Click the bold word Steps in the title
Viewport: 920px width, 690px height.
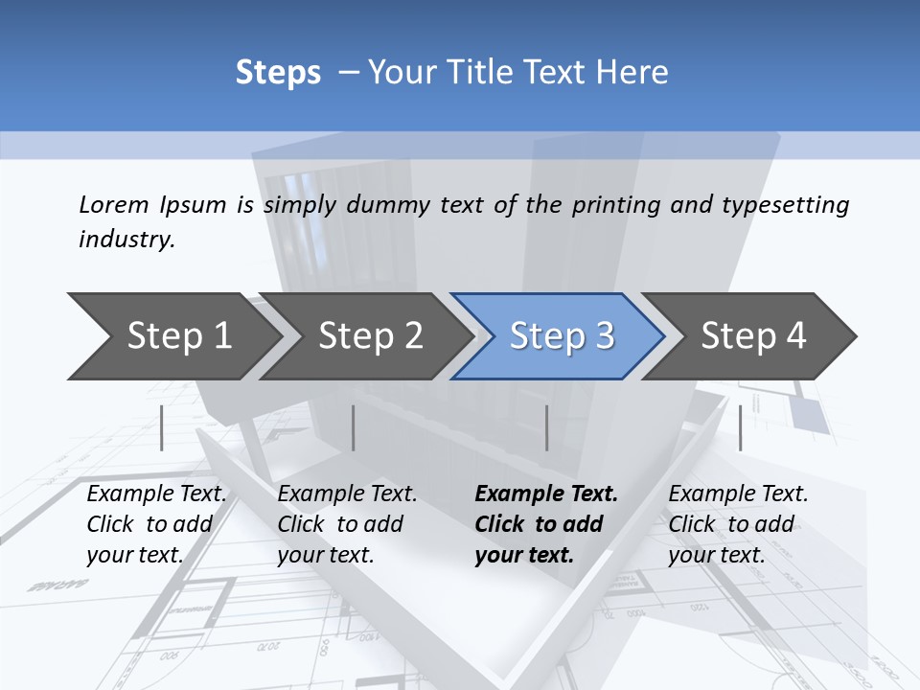[x=278, y=73]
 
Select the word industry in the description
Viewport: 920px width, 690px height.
[x=126, y=240]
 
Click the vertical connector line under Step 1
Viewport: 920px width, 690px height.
[x=162, y=427]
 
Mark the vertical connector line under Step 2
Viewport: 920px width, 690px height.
[x=354, y=427]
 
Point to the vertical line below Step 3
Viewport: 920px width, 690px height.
[x=547, y=427]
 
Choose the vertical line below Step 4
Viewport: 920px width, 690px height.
[x=740, y=427]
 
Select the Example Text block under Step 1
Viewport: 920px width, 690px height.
[x=156, y=524]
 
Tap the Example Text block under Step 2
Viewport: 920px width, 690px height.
[x=347, y=524]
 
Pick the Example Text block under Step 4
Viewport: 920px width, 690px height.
[x=738, y=524]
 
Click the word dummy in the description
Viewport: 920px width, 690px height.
[x=388, y=205]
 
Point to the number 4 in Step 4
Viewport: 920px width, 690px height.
[x=794, y=336]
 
